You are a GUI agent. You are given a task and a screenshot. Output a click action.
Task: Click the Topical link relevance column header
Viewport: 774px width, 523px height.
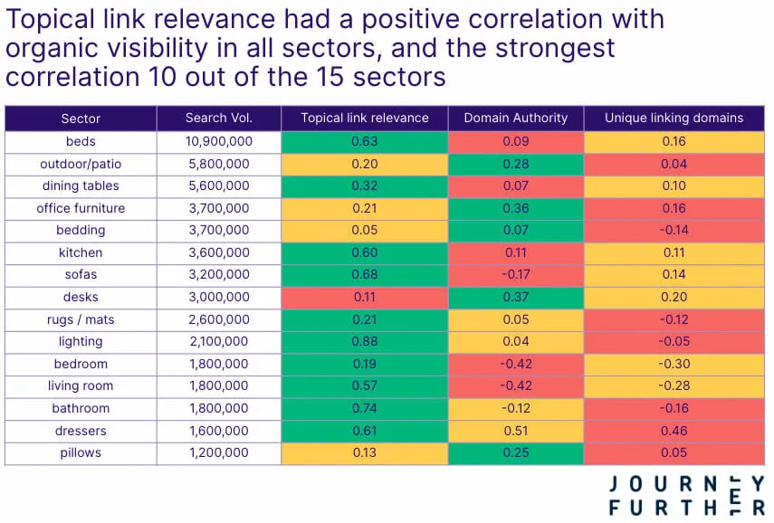364,119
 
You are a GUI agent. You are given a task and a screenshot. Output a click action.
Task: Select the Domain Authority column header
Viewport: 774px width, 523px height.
515,119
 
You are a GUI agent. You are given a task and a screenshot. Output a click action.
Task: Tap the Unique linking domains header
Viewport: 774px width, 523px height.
674,119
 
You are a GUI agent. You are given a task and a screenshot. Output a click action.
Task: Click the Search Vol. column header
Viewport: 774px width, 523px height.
218,119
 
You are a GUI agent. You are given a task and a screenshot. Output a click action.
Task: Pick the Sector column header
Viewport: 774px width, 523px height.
81,119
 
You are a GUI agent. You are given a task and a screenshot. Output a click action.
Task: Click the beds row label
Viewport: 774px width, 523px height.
81,141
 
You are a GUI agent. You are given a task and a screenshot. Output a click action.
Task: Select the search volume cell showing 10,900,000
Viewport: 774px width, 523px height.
218,141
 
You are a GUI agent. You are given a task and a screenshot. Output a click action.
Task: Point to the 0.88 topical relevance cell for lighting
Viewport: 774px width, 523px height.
364,342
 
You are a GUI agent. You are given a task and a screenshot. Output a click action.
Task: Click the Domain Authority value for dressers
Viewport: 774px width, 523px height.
515,431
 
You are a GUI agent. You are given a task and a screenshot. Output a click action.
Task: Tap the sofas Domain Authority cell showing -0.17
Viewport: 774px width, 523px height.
515,275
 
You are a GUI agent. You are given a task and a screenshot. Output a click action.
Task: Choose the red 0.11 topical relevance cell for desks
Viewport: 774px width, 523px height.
364,297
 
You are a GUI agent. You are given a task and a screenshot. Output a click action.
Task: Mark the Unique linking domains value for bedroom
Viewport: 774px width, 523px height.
674,364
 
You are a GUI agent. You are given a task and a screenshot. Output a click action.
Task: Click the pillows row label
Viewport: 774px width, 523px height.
81,453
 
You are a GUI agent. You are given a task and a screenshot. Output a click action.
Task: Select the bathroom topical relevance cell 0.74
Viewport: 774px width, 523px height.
364,409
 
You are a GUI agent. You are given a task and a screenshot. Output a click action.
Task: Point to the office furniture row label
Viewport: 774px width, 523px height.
81,208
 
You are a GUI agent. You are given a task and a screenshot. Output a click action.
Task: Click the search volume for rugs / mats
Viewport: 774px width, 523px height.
218,319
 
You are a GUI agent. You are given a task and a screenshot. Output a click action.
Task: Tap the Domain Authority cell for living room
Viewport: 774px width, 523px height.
515,386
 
